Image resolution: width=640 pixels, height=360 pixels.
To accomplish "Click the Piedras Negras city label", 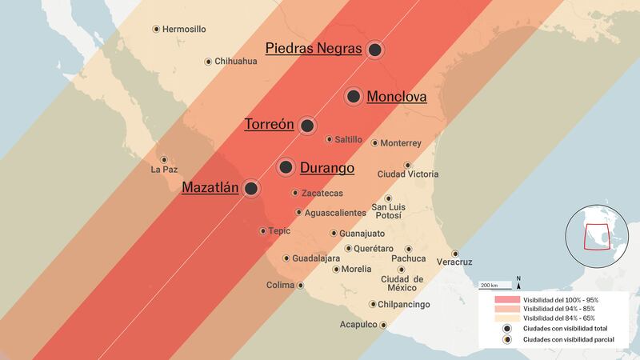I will point(313,49).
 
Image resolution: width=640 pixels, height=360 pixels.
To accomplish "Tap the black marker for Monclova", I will point(353,97).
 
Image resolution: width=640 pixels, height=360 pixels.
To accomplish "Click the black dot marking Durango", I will point(286,167).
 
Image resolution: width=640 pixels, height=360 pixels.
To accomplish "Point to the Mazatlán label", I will point(210,188).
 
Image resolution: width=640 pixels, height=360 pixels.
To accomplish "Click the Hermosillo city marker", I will point(156,29).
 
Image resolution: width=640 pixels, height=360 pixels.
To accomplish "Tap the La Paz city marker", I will point(164,159).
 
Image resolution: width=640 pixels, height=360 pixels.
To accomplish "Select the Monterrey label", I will point(401,143).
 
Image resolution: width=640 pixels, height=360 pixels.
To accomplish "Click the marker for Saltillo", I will point(329,139).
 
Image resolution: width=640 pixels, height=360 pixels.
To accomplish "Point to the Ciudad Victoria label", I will point(407,174).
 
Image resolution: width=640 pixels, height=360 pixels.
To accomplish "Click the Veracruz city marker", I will point(455,253).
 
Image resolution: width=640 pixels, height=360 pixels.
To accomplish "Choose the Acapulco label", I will point(357,325).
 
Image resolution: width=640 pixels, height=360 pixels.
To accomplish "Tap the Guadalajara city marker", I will point(286,258).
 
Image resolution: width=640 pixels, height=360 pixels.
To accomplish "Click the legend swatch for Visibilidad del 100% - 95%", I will point(502,298).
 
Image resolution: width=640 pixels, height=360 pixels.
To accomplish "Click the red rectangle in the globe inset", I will point(596,238).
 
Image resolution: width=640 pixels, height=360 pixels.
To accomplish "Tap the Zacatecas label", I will point(322,193).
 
